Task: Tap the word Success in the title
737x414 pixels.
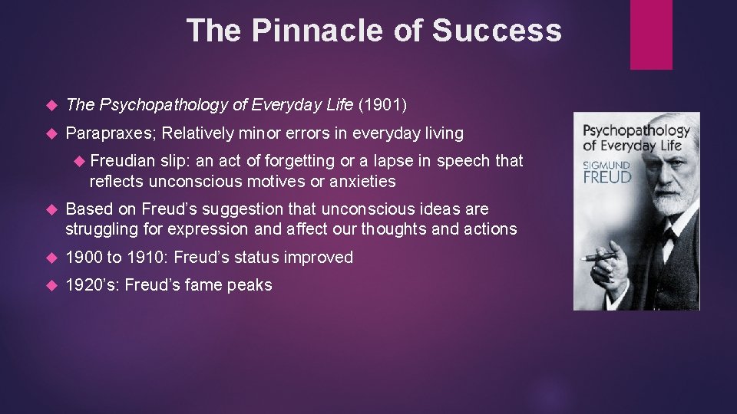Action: pos(497,31)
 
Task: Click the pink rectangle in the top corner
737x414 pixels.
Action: pos(651,34)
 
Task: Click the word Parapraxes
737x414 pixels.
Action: pos(109,133)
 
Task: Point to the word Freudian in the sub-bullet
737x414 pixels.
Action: pos(123,161)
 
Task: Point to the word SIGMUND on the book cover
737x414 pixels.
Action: pos(605,164)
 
